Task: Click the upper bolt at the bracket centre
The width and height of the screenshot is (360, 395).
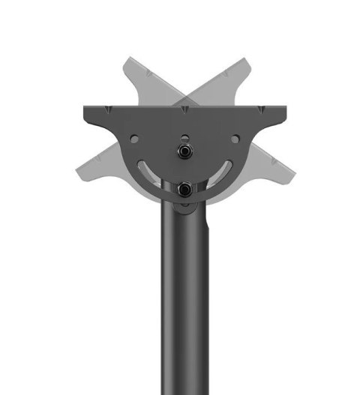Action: pos(183,150)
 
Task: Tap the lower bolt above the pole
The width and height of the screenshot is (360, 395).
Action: pos(183,189)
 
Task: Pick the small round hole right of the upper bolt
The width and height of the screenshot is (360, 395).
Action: pos(235,139)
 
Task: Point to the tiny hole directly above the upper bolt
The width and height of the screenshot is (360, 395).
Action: pos(184,136)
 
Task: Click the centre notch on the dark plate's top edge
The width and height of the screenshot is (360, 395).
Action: pos(184,109)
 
